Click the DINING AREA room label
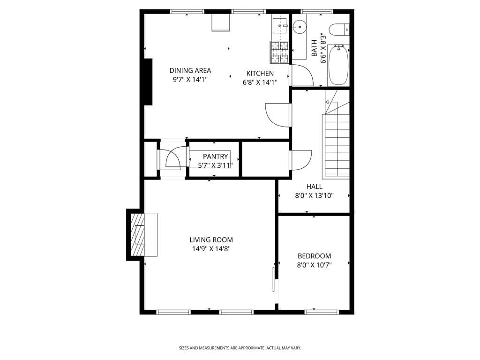(x=190, y=70)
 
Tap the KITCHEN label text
(x=260, y=73)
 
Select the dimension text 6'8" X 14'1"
(x=260, y=82)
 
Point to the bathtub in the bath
(x=338, y=65)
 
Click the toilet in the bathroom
(x=338, y=30)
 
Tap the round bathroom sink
(x=299, y=27)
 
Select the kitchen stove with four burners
(x=280, y=52)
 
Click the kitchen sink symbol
(x=280, y=24)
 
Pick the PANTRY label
(x=215, y=156)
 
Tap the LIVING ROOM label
(x=211, y=240)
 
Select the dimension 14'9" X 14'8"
(x=211, y=249)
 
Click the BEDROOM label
(x=314, y=256)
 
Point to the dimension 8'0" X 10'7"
(x=314, y=265)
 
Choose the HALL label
(x=314, y=187)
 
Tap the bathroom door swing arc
(x=300, y=75)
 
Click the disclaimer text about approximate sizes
(x=240, y=348)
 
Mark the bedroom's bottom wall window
(x=322, y=311)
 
